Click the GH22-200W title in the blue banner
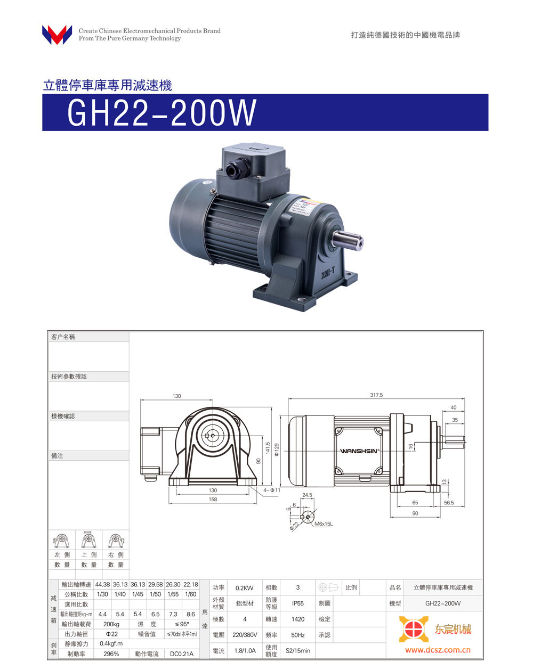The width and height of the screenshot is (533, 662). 161,113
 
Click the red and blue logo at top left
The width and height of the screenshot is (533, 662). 57,35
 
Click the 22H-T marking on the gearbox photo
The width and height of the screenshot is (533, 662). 328,274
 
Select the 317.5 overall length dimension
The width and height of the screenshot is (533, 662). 376,395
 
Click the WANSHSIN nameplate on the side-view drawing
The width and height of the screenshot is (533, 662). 359,451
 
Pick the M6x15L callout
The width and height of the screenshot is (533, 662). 323,524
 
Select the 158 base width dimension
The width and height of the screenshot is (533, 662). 213,500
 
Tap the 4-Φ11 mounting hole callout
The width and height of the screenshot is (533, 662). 271,490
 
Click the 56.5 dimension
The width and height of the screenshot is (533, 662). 449,503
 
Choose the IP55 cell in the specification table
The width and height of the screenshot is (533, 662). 298,603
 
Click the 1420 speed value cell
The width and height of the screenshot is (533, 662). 298,619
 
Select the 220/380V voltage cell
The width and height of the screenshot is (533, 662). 245,635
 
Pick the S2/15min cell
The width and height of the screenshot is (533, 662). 298,651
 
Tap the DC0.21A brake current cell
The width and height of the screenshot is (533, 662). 182,654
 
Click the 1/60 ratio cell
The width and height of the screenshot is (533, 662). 190,594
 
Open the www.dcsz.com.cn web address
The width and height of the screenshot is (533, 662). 438,650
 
